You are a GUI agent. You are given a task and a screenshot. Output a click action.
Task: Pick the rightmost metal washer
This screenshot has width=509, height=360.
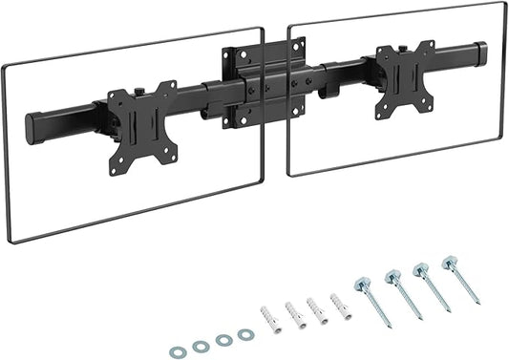pos(245,334)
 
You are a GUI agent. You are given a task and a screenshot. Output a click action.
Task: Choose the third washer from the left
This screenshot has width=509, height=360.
pos(223,339)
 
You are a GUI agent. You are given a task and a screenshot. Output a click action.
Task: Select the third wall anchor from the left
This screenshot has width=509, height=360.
pos(315,309)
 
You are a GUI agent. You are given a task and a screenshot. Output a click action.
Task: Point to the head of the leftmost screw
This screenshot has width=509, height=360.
pos(361,284)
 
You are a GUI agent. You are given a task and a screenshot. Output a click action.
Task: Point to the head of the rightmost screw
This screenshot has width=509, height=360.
pos(446,261)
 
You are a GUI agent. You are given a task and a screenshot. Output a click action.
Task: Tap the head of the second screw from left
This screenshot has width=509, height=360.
pos(390,277)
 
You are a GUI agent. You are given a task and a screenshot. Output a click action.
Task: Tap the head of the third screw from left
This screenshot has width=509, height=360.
pos(418,268)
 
